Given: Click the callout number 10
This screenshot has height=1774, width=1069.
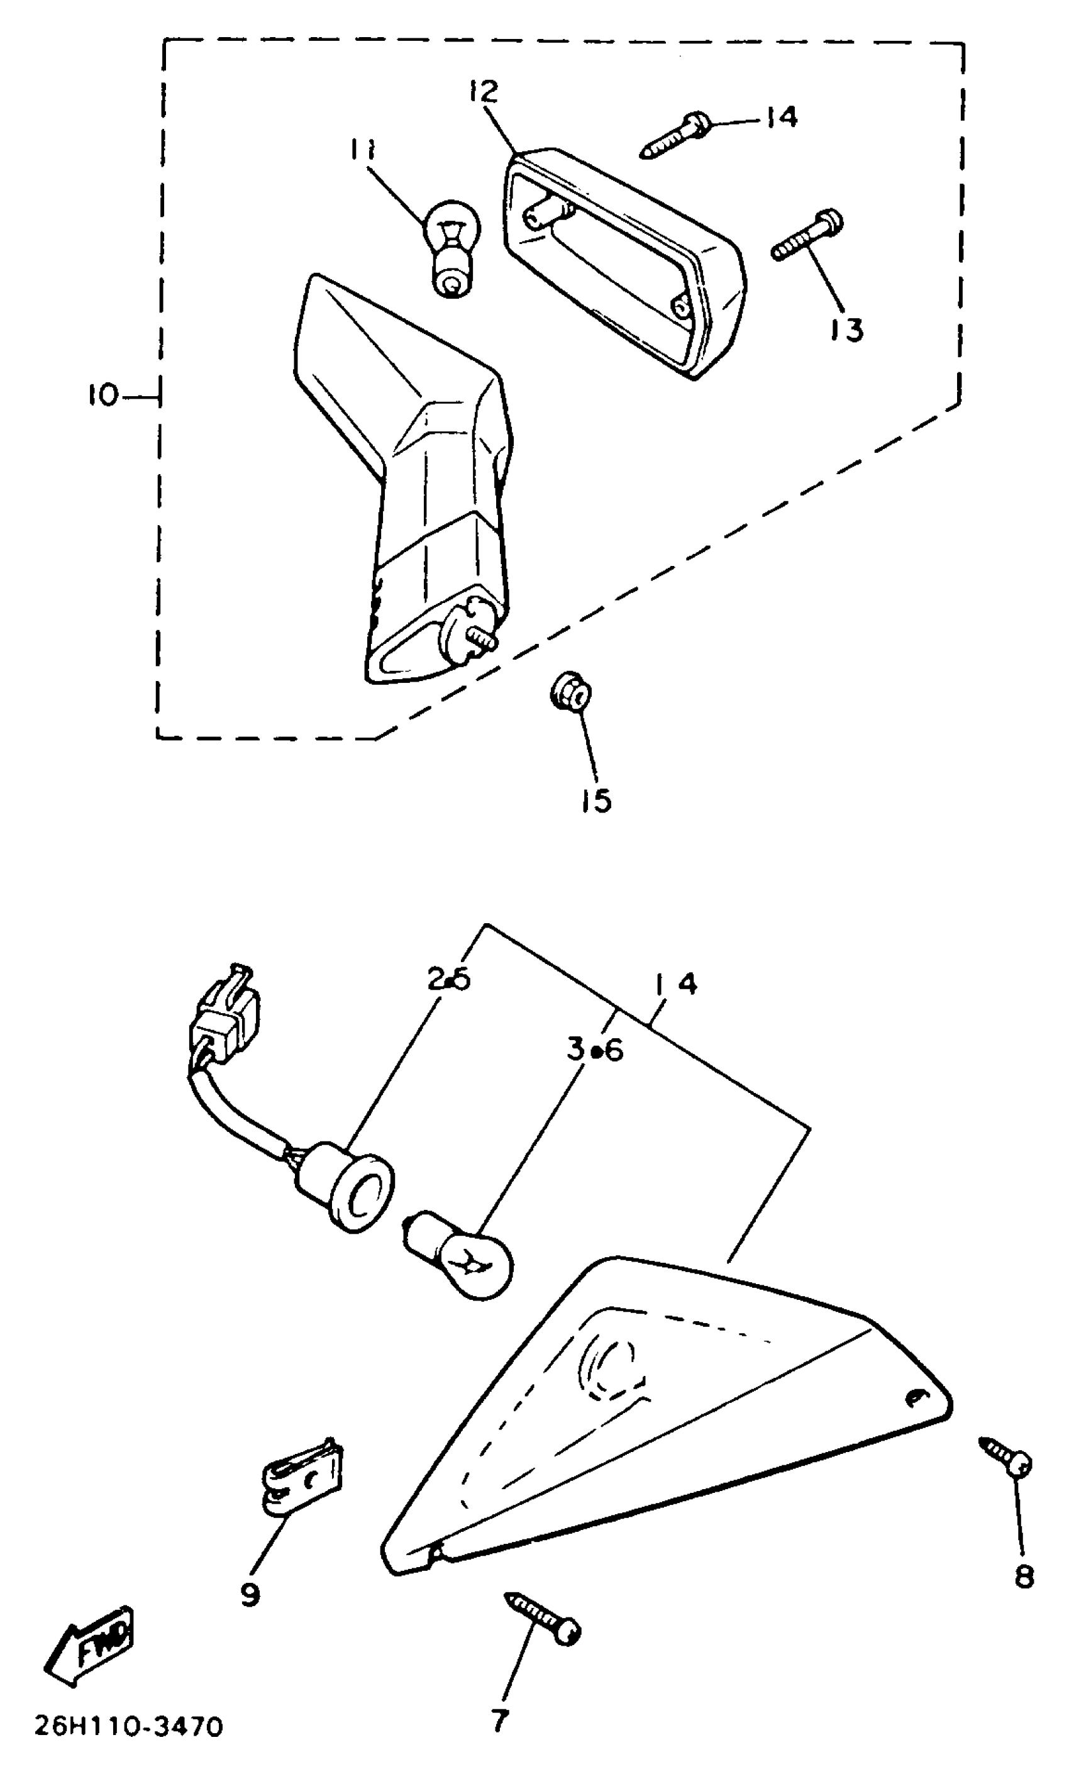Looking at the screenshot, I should click(x=103, y=396).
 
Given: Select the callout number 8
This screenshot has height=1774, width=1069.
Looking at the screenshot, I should click(x=1024, y=1576).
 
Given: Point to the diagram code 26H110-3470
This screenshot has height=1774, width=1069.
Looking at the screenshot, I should click(x=129, y=1740).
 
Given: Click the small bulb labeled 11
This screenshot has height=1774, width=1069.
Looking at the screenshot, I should click(x=449, y=248).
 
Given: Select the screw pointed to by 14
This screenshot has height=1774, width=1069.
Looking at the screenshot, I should click(x=672, y=137).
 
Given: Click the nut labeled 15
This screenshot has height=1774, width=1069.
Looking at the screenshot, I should click(x=571, y=694).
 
